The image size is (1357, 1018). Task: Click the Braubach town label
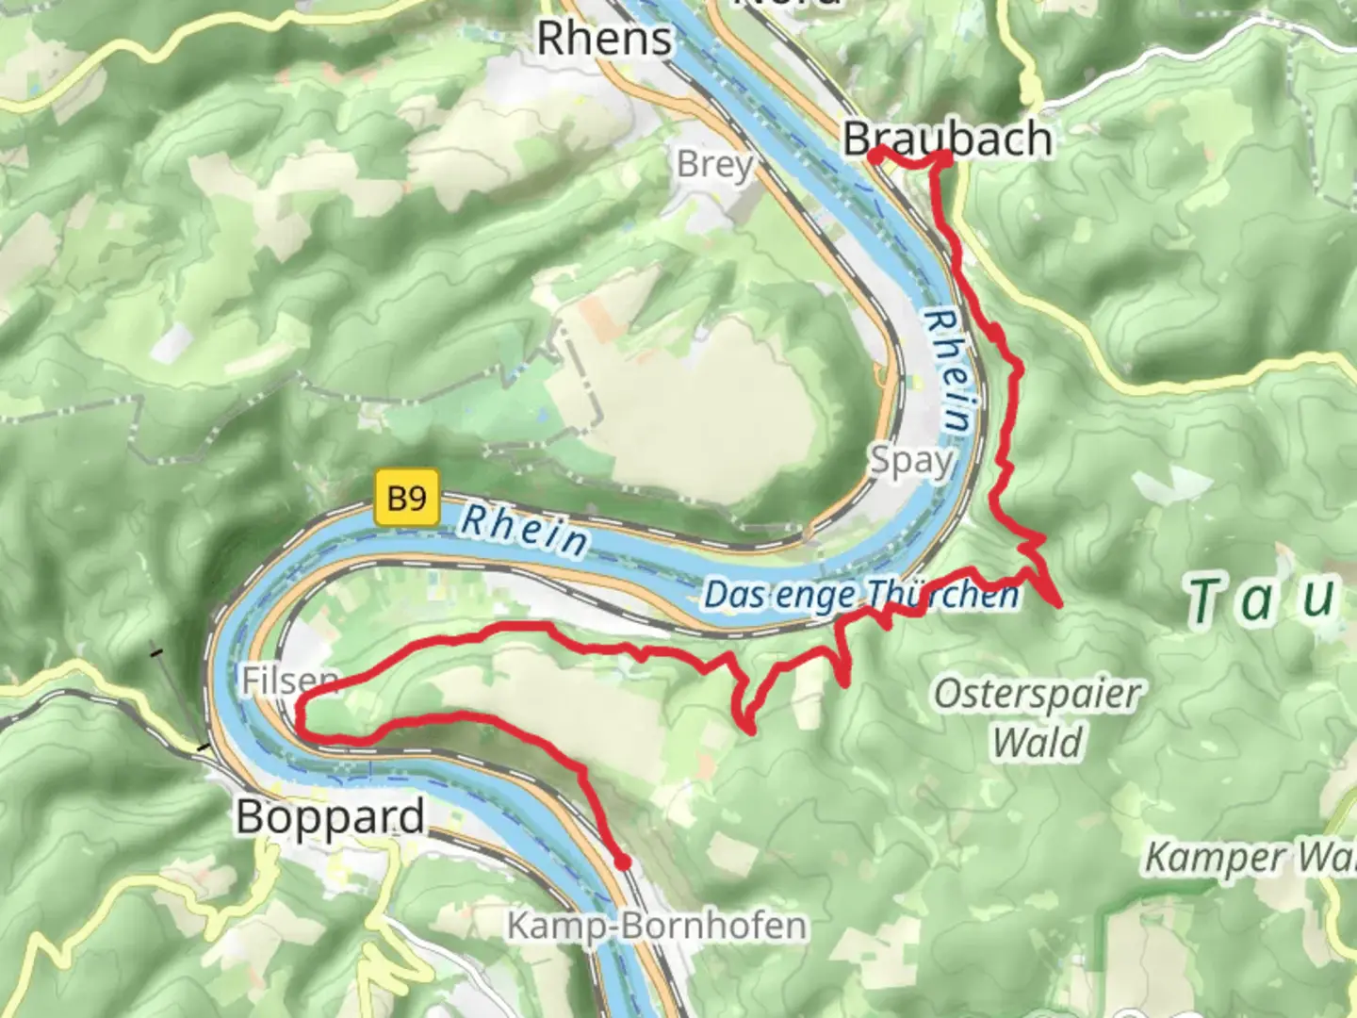(947, 139)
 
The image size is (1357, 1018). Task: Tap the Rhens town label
(604, 39)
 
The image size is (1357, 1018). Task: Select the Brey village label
(715, 165)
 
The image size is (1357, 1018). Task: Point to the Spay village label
(910, 461)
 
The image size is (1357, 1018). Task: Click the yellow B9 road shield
(407, 497)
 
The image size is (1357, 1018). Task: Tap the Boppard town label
(330, 816)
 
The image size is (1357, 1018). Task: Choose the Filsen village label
(288, 680)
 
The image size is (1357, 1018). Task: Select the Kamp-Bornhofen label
(657, 926)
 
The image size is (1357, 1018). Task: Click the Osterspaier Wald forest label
(1037, 718)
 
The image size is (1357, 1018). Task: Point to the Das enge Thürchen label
(861, 595)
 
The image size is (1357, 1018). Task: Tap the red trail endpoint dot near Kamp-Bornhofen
(622, 861)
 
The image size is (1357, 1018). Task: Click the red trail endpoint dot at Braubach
(875, 156)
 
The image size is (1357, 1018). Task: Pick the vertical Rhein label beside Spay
(948, 372)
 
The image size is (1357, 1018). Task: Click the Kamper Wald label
(1250, 858)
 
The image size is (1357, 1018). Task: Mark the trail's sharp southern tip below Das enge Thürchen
(749, 729)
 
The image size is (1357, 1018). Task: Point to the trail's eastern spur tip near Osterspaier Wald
(1060, 603)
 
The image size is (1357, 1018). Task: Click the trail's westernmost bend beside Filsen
(300, 716)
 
